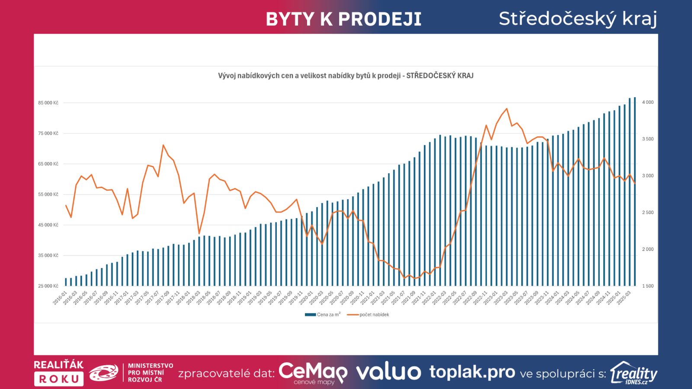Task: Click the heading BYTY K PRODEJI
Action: point(343,19)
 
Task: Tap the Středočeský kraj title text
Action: point(578,19)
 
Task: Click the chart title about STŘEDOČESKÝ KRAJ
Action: point(346,76)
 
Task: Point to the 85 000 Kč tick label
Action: point(48,103)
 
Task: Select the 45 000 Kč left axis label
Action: point(48,225)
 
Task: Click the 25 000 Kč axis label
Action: point(48,286)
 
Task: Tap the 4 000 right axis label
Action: point(647,102)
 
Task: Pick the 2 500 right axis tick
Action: point(647,213)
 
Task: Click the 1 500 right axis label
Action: point(647,286)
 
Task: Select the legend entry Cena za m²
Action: point(323,315)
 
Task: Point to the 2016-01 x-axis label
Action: point(60,298)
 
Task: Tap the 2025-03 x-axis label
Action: point(624,298)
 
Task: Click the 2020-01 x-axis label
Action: point(306,298)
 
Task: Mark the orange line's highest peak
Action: point(506,109)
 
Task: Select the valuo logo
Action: point(388,372)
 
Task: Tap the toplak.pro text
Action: point(472,372)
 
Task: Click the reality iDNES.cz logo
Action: point(634,373)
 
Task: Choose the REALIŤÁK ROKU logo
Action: point(59,372)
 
